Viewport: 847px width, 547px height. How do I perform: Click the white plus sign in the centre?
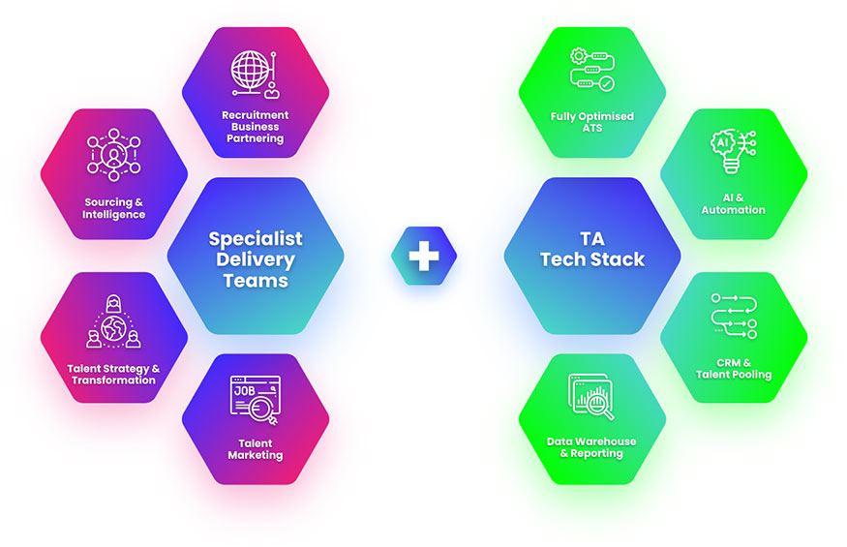(x=423, y=257)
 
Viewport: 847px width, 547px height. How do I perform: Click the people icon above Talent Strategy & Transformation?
(x=114, y=321)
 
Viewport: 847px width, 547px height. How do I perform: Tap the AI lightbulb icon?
(x=733, y=152)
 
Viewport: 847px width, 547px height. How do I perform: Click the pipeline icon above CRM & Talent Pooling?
(x=733, y=318)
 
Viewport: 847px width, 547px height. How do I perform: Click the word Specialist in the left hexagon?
(x=256, y=238)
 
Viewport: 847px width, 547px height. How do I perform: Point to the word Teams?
(x=256, y=281)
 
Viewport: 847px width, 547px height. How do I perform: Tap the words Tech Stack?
(x=591, y=259)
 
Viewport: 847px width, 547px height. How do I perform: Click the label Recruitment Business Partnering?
(x=256, y=126)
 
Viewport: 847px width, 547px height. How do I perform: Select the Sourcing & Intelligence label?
(x=114, y=208)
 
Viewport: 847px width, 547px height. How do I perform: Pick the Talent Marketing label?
(x=256, y=449)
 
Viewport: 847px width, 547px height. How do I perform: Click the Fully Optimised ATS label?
(x=591, y=121)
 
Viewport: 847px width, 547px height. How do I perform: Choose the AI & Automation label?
(x=733, y=203)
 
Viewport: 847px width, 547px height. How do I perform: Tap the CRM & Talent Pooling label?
(x=733, y=368)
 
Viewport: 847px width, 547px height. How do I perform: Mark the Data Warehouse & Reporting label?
(x=591, y=447)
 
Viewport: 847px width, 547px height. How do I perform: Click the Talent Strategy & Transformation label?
(x=114, y=374)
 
